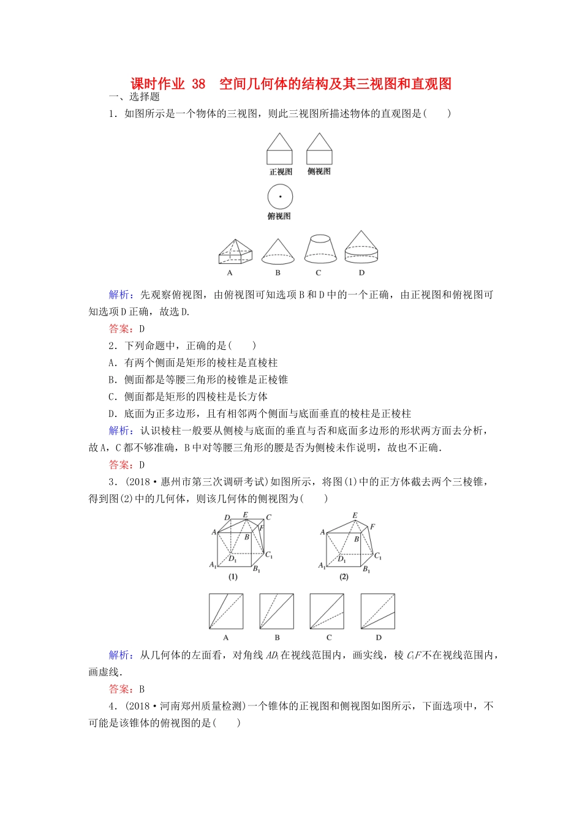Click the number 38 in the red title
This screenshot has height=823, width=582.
198,84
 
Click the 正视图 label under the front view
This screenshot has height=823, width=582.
281,172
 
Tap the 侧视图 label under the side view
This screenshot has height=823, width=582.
319,171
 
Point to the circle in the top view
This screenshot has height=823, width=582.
280,197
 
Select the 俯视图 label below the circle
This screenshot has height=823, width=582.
279,216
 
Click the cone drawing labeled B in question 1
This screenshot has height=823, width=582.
278,251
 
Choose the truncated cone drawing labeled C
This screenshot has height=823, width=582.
320,249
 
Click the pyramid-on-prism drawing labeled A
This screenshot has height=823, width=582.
235,251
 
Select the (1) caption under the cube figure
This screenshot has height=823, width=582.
233,577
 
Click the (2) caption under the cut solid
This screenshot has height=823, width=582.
344,577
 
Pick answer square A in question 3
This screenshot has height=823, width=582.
226,611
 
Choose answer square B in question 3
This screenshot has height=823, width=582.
277,611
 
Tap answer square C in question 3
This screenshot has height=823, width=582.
327,611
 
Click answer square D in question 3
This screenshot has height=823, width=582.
378,611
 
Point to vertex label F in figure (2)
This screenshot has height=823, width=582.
372,527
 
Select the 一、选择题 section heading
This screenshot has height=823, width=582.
134,97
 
